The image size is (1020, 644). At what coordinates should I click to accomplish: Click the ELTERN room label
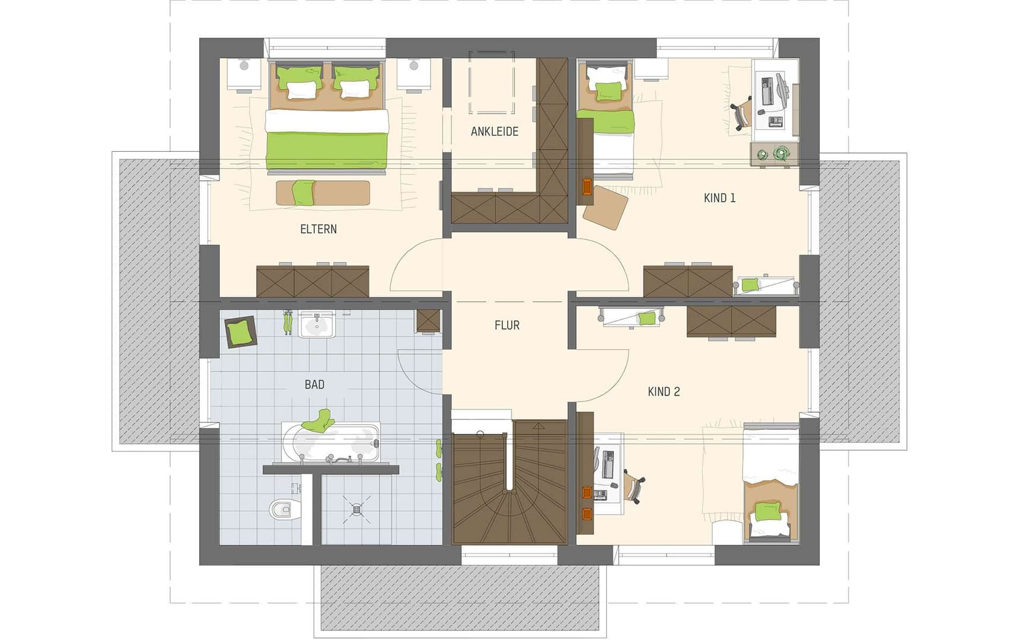coord(318,229)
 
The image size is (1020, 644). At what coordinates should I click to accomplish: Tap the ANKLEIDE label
coord(494,132)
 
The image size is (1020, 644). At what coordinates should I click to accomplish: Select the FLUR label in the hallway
coord(506,325)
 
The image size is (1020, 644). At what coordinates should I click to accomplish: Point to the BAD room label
coord(314,384)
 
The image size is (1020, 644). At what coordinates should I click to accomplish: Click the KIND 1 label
coord(719,198)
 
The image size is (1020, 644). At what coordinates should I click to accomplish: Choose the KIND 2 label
coord(664,391)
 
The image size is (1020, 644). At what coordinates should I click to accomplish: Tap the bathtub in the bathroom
coord(330,442)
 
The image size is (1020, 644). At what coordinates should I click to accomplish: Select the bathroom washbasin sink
coord(317,325)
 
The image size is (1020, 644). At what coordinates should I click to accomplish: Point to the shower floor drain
coord(356,509)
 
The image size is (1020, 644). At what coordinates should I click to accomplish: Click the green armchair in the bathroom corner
coord(240,331)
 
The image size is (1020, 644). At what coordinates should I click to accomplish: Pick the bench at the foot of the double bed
coord(323,193)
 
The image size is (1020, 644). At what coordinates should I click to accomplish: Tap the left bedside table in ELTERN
coord(244,75)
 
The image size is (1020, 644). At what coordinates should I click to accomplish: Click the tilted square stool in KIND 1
coord(605,207)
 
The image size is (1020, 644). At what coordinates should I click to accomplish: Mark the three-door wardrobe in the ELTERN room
coord(313,282)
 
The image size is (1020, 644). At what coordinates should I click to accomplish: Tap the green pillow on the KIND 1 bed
coord(608,91)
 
